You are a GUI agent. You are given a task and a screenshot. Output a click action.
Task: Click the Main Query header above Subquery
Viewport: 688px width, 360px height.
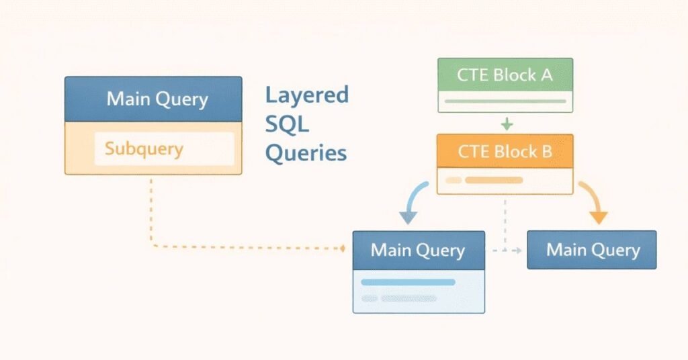click(153, 99)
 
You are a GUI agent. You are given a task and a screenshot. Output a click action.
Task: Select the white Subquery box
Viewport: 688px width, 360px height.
click(164, 148)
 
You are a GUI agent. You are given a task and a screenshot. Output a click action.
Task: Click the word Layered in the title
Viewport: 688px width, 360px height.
click(306, 96)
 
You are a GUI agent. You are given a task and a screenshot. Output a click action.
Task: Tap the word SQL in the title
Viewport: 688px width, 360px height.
click(287, 124)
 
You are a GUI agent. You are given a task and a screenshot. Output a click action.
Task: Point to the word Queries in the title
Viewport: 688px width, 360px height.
click(306, 154)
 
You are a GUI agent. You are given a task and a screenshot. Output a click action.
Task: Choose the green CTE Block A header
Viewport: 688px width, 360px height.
click(505, 75)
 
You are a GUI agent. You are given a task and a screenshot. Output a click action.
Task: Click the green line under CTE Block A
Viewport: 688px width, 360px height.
click(505, 101)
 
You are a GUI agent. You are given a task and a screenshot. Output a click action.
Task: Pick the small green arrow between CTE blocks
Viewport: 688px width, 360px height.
click(507, 124)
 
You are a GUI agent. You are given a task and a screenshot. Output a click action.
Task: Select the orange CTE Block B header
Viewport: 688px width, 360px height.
click(505, 151)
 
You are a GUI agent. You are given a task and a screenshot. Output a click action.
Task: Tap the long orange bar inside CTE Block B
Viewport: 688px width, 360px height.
click(494, 180)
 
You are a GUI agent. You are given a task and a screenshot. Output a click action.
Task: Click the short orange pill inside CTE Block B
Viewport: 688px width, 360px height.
click(454, 180)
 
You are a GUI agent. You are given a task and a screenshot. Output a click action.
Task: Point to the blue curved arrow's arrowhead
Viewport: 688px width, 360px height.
click(408, 217)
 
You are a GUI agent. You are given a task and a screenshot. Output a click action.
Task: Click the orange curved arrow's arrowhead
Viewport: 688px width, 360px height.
click(599, 217)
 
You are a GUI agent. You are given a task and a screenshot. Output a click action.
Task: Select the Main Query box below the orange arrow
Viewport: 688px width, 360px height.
click(592, 250)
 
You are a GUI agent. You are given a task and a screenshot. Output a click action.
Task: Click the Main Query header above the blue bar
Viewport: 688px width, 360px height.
click(419, 251)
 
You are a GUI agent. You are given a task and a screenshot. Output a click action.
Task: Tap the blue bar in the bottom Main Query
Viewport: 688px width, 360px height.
click(408, 282)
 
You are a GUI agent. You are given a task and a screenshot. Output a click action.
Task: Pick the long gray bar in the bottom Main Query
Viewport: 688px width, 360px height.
click(408, 299)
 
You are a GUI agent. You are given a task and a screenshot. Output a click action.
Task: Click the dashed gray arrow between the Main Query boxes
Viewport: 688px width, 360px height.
click(507, 251)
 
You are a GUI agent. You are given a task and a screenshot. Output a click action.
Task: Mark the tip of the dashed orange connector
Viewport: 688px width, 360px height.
click(345, 249)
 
